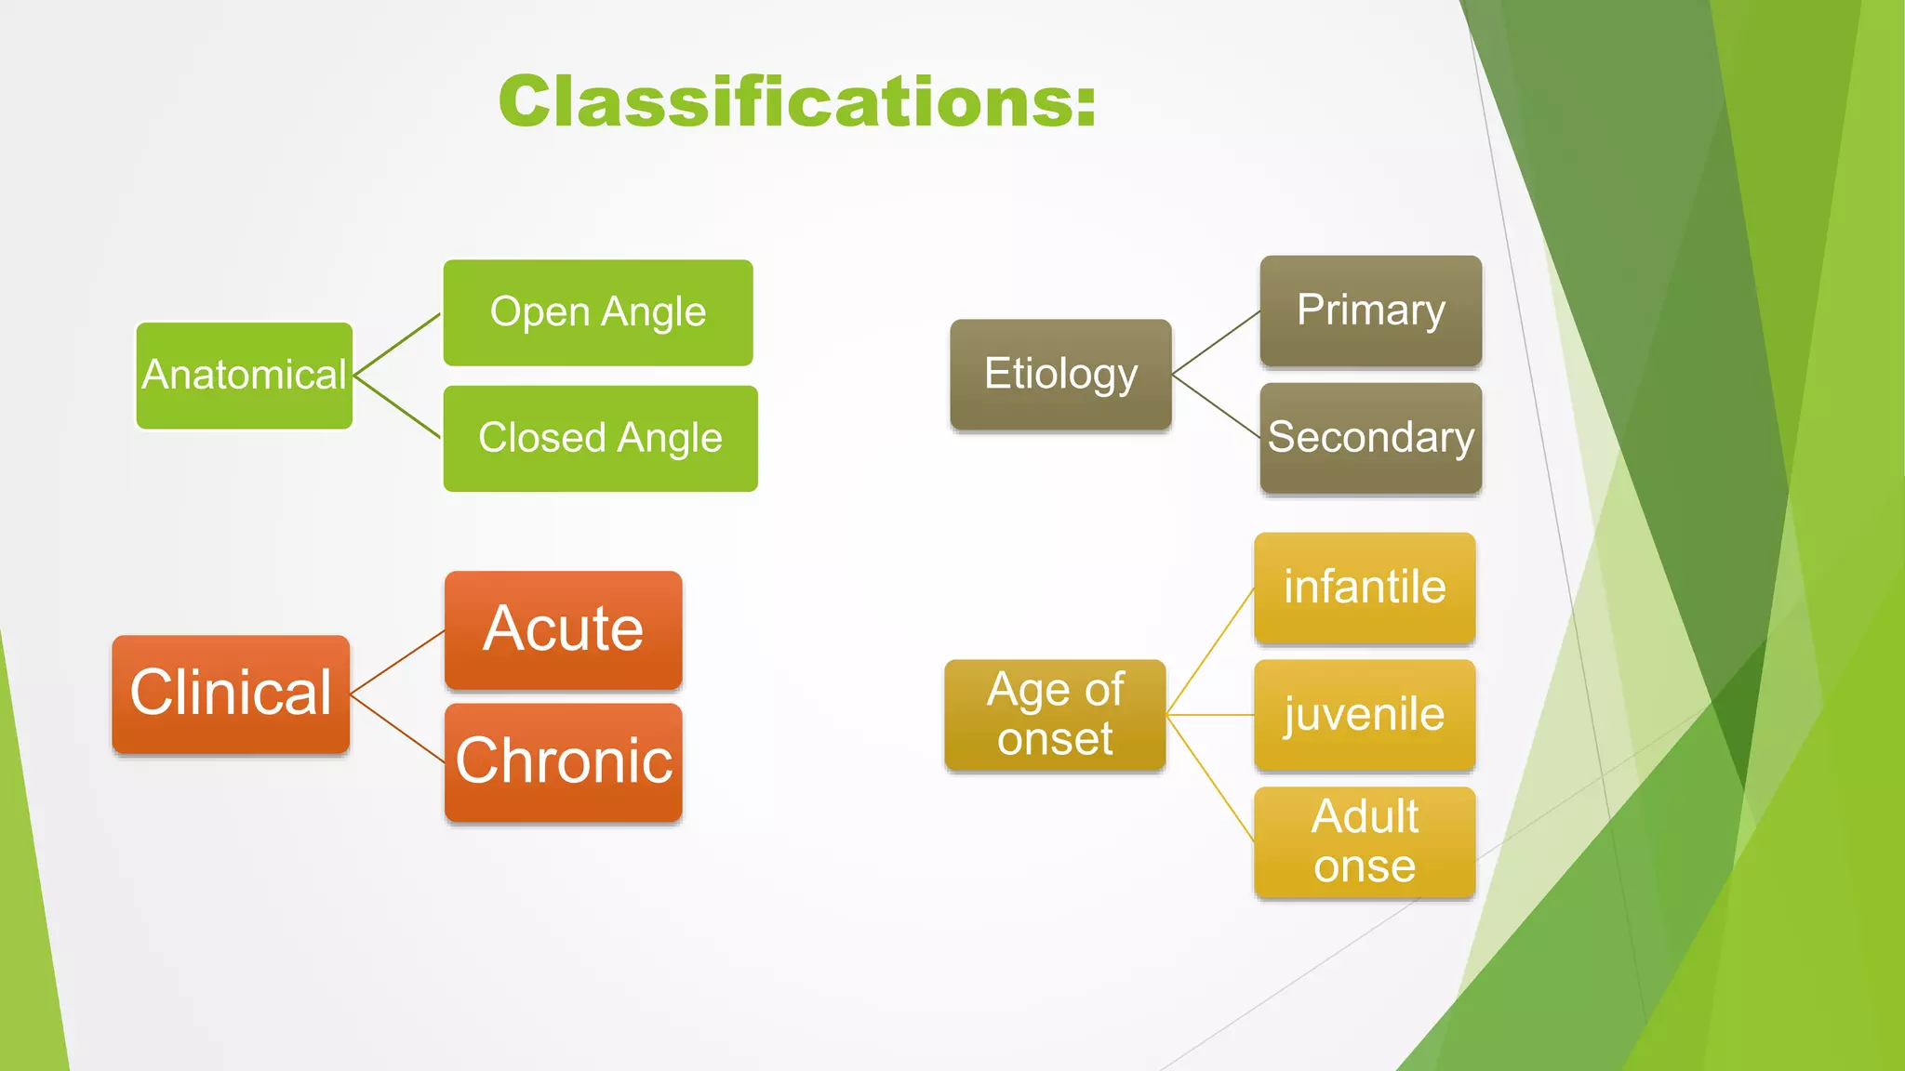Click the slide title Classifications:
tap(797, 101)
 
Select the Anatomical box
tap(244, 376)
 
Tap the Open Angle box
tap(598, 312)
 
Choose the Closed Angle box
tap(600, 438)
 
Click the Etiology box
tap(1060, 374)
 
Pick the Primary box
tap(1370, 311)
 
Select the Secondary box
tap(1370, 437)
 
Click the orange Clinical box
tap(231, 694)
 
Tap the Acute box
tap(563, 629)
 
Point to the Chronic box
tap(563, 761)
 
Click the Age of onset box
tap(1055, 714)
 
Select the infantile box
tap(1364, 588)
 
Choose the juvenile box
tap(1364, 715)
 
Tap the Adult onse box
tap(1364, 841)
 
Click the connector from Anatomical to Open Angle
tap(397, 344)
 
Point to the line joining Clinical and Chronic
tap(397, 728)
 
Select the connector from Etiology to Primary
tap(1216, 343)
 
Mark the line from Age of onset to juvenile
tap(1209, 715)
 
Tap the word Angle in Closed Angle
tap(670, 438)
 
